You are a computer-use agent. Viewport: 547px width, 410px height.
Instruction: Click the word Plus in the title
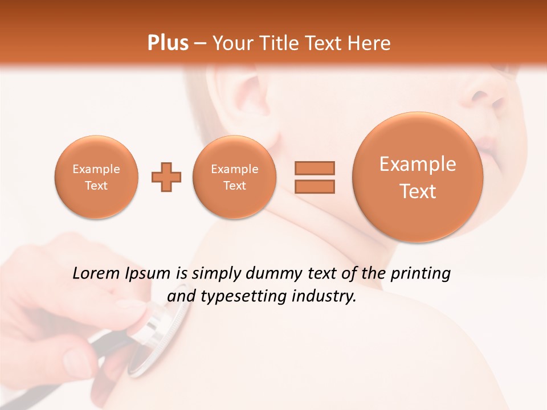pos(168,43)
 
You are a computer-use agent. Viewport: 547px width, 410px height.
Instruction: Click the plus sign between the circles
pos(166,177)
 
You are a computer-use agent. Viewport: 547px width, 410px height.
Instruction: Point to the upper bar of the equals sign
pos(315,168)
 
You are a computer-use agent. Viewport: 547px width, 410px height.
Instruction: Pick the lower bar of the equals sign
pos(315,186)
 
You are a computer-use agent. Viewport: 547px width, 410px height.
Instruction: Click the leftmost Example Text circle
pos(96,177)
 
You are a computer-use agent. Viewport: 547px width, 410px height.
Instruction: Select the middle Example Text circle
pos(234,177)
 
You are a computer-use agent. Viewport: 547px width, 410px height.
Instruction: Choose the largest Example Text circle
pos(418,177)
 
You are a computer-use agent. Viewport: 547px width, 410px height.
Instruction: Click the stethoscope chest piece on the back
pos(162,336)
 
